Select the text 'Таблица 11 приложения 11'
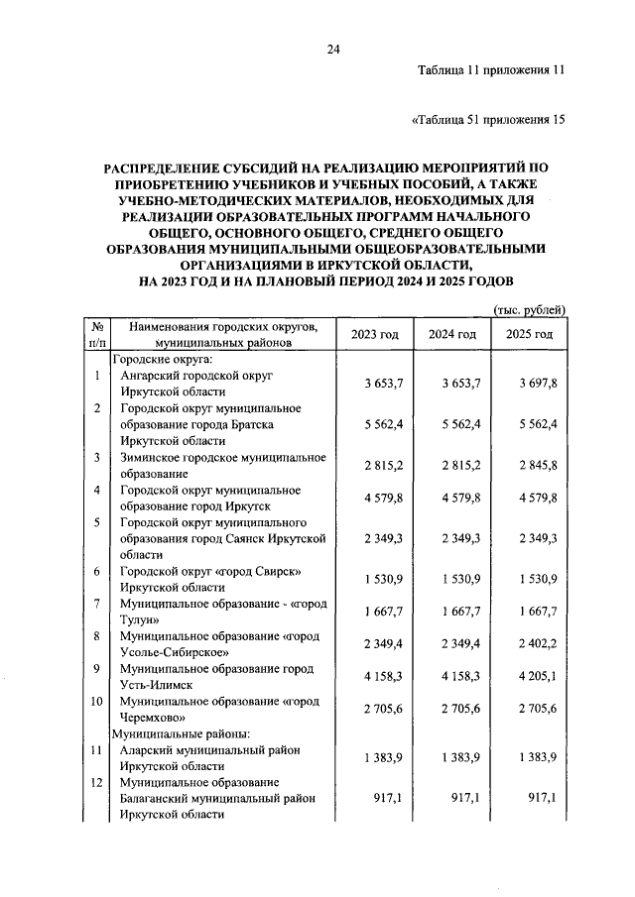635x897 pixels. [491, 71]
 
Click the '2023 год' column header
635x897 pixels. [374, 334]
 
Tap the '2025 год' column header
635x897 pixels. [530, 334]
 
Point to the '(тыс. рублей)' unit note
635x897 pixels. [530, 310]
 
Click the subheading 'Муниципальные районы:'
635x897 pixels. [168, 734]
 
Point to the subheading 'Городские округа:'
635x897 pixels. [162, 360]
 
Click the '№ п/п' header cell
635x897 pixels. [97, 334]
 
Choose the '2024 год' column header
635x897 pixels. [452, 334]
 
